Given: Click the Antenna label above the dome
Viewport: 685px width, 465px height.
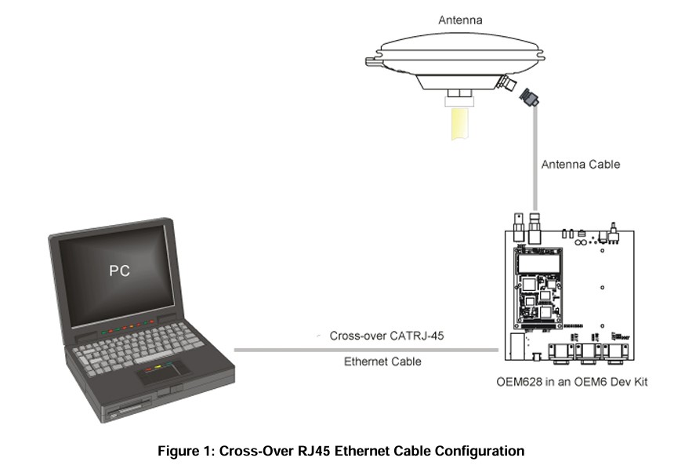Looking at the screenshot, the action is pos(460,20).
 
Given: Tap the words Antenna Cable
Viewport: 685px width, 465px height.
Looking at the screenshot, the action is pos(581,165).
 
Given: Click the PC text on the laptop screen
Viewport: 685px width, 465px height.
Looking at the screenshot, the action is pos(119,271).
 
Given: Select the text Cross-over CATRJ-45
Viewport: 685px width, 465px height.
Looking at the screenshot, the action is pos(386,336).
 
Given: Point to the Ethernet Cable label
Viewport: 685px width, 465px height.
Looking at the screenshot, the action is pos(382,361).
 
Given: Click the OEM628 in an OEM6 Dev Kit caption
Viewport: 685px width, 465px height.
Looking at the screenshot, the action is pos(572,382).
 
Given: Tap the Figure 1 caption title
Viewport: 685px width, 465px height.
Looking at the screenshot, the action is pos(341,451).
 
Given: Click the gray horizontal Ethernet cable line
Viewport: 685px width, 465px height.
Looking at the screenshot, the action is pos(366,350).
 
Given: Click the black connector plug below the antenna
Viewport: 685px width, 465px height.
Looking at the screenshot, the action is pos(529,97).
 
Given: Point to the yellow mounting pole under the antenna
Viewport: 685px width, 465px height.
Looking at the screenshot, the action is pos(459,124).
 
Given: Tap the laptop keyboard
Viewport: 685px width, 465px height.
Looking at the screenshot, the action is pos(138,348).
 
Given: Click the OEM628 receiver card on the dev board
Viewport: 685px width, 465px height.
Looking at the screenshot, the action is pos(538,288).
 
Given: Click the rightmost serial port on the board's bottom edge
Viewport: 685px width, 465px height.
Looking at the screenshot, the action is pos(615,352).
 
